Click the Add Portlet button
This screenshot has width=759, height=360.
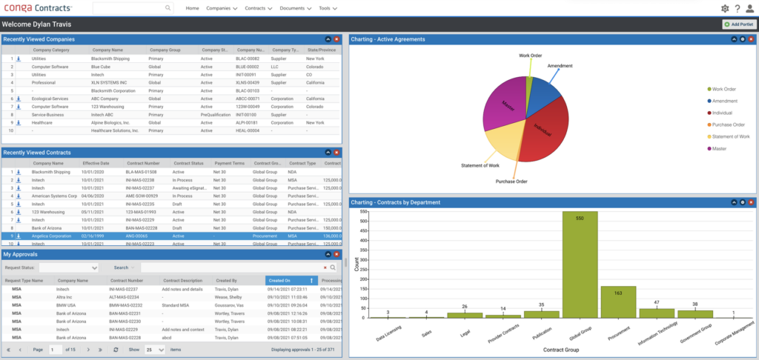point(739,24)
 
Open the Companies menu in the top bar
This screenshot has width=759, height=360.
point(222,8)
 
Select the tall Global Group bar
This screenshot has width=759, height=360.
point(580,264)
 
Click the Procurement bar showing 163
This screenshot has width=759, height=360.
point(617,302)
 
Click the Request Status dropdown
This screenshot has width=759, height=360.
point(69,267)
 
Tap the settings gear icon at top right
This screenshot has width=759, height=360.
point(725,8)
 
